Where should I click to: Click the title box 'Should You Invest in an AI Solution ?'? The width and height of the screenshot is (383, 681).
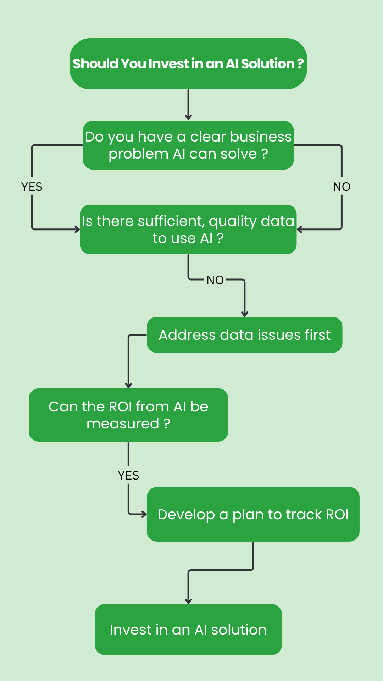[188, 64]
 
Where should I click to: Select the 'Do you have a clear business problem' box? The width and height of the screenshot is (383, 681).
[188, 145]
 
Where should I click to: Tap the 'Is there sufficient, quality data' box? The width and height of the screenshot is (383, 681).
[188, 229]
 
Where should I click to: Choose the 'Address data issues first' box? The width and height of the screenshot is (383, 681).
[244, 335]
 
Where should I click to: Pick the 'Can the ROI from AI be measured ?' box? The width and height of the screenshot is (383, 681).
[128, 415]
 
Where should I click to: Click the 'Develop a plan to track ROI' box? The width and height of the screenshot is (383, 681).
[253, 514]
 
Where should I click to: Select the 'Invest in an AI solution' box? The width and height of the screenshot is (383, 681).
[188, 630]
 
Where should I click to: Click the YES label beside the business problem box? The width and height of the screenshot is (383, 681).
[32, 187]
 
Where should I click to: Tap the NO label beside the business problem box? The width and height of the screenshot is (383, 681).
[342, 187]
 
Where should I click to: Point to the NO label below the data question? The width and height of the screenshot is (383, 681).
[215, 280]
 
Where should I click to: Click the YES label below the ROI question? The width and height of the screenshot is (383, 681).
[128, 475]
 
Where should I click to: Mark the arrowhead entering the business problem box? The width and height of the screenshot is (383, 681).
[188, 117]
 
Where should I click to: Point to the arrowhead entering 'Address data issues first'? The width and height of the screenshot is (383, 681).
[244, 314]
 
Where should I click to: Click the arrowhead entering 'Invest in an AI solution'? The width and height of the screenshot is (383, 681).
[188, 601]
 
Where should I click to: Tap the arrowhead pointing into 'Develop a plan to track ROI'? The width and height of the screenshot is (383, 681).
[144, 514]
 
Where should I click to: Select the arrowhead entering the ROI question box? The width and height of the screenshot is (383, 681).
[128, 385]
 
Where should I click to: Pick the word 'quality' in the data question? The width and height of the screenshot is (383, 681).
[233, 222]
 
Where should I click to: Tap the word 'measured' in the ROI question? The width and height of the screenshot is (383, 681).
[123, 424]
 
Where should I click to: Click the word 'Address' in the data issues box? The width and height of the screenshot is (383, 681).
[187, 335]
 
